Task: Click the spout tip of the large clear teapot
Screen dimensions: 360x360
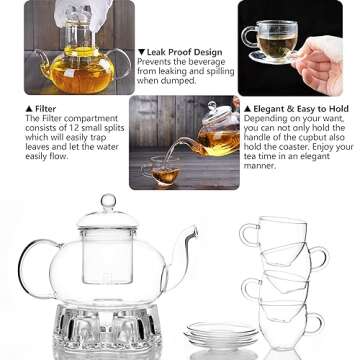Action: coord(193,232)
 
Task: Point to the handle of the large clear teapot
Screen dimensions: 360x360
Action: coord(28,268)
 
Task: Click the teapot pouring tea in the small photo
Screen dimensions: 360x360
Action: coord(214,130)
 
